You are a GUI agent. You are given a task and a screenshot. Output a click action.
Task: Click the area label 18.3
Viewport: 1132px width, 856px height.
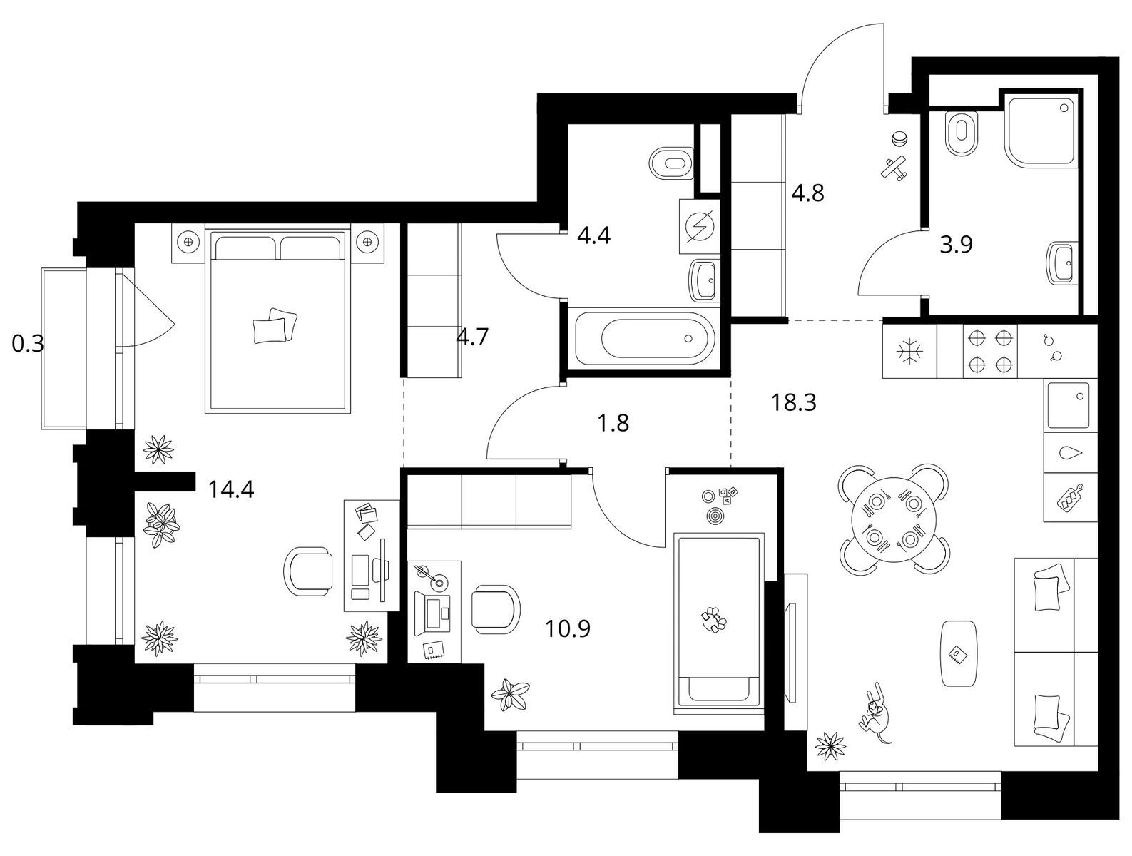[793, 403]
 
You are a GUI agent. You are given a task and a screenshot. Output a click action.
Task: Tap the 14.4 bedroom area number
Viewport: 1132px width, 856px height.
[230, 489]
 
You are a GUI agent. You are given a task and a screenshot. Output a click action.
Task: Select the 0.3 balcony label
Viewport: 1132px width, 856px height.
[28, 343]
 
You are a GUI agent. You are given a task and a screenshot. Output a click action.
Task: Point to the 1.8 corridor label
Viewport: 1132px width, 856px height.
[613, 423]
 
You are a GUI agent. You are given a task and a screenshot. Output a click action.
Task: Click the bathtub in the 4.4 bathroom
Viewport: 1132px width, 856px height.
[645, 338]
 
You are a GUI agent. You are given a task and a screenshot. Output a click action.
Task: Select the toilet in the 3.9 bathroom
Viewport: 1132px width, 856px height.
[962, 133]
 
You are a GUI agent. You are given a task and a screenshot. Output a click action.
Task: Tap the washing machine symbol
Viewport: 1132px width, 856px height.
[700, 226]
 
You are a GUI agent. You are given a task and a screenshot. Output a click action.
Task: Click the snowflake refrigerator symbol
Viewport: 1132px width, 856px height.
[909, 351]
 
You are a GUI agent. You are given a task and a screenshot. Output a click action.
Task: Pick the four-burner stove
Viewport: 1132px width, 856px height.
[990, 352]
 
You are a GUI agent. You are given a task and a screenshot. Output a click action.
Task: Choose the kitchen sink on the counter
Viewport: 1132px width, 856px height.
[1068, 405]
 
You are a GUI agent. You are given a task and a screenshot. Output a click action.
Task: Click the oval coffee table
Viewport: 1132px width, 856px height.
[958, 654]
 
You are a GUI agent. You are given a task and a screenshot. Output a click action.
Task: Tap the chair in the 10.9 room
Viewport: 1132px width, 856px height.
[496, 609]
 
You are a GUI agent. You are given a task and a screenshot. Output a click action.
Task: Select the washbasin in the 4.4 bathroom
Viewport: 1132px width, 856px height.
[703, 280]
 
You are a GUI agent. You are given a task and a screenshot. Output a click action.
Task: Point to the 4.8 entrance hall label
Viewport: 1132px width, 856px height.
[807, 194]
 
